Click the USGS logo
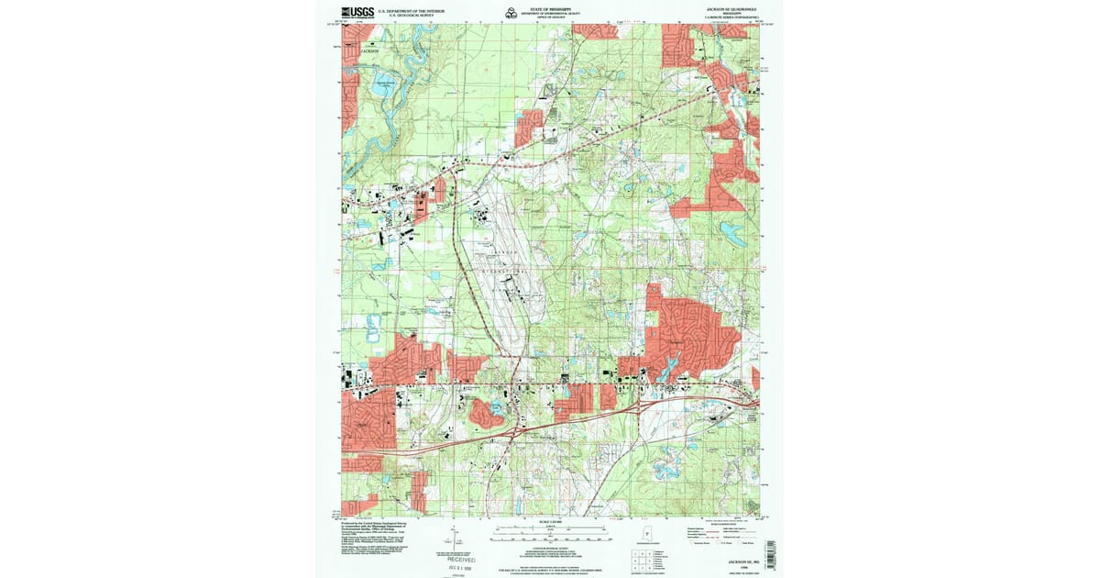pos(357,13)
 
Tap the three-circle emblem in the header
pos(510,12)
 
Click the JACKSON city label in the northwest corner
pos(368,51)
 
